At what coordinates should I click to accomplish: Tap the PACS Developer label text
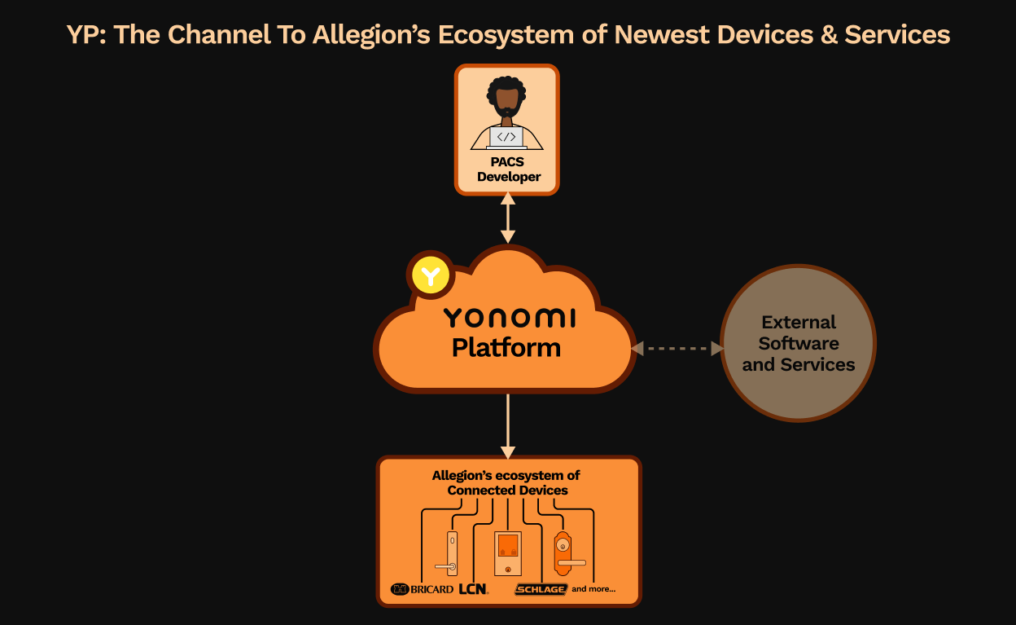508,169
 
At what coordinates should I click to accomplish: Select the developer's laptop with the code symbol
506,137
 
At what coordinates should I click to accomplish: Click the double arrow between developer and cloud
508,218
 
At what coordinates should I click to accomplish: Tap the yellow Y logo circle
431,276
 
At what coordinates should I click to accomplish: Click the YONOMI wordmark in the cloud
509,318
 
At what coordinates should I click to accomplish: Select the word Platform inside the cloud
506,348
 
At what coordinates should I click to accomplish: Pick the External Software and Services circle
798,343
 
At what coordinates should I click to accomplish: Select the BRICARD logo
422,589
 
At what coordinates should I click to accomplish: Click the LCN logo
473,588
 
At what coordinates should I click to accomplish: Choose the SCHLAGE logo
541,589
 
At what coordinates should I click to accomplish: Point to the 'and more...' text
593,588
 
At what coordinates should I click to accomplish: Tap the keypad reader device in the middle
508,553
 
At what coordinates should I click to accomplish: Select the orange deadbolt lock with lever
563,554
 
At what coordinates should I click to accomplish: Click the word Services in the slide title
897,35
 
